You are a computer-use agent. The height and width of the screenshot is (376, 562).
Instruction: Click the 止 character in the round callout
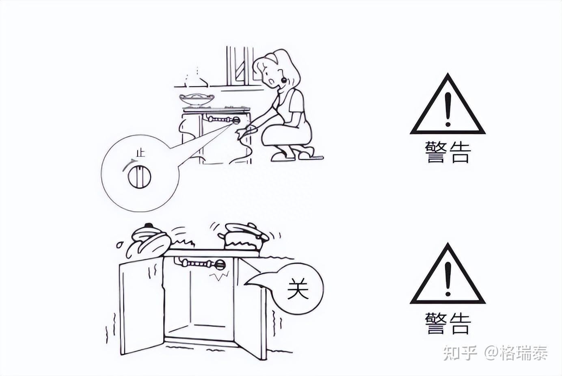(x=141, y=153)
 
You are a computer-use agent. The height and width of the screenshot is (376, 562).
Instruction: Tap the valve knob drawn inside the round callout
(x=140, y=177)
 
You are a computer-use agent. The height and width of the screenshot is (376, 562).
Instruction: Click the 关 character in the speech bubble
(x=298, y=289)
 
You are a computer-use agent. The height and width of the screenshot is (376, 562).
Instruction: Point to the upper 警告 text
(x=447, y=153)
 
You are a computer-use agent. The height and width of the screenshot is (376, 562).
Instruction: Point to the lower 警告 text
(x=447, y=323)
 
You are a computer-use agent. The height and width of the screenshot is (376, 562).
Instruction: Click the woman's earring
(x=284, y=80)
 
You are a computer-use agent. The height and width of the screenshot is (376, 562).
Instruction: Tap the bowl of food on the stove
(x=197, y=99)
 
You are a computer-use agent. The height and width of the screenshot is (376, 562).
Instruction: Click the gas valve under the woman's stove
(x=236, y=121)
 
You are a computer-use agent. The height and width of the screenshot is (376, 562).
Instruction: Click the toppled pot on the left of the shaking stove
(x=149, y=241)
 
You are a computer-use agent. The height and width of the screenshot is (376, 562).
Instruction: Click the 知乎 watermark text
(x=460, y=353)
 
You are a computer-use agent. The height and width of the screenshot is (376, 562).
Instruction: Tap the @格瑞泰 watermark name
(x=516, y=353)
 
